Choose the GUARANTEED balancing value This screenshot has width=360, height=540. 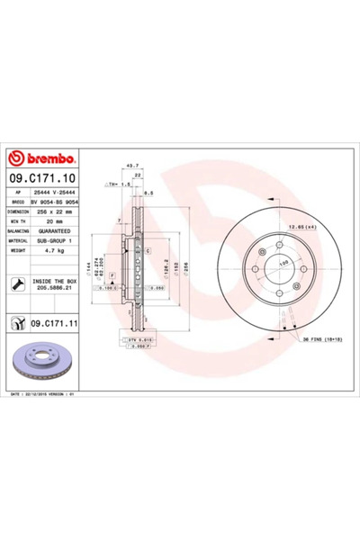[54, 230]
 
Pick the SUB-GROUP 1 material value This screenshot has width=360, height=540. [53, 240]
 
